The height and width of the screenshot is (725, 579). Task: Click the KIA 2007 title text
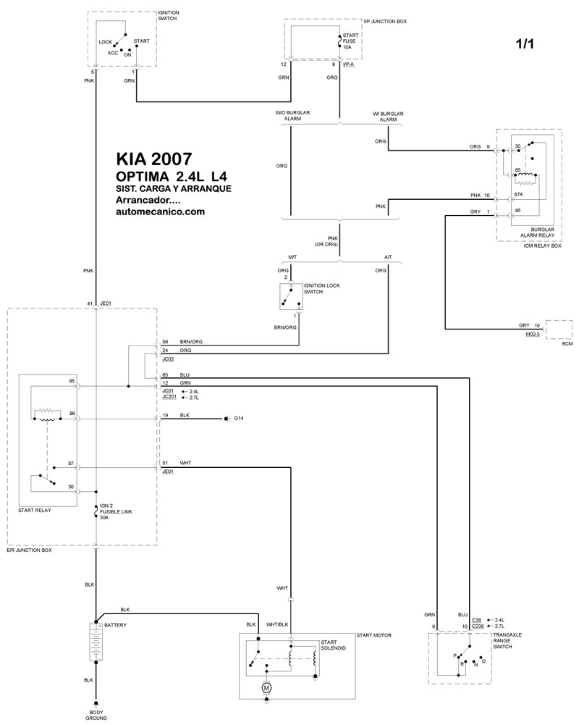154,159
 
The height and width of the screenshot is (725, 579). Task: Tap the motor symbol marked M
266,686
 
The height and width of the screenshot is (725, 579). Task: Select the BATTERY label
116,624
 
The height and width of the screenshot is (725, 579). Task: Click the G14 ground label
239,419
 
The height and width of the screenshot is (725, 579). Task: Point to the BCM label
567,344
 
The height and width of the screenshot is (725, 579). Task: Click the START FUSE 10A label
350,41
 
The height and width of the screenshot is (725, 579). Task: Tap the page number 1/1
525,44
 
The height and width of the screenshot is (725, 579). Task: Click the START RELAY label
35,510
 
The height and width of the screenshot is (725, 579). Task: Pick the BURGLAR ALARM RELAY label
537,232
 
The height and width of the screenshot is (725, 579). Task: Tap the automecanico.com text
160,211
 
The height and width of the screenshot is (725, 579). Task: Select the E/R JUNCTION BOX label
31,550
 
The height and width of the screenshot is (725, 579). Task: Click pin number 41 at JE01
89,303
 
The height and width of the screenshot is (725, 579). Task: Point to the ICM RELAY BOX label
543,246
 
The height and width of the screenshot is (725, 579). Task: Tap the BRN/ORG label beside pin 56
191,340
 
